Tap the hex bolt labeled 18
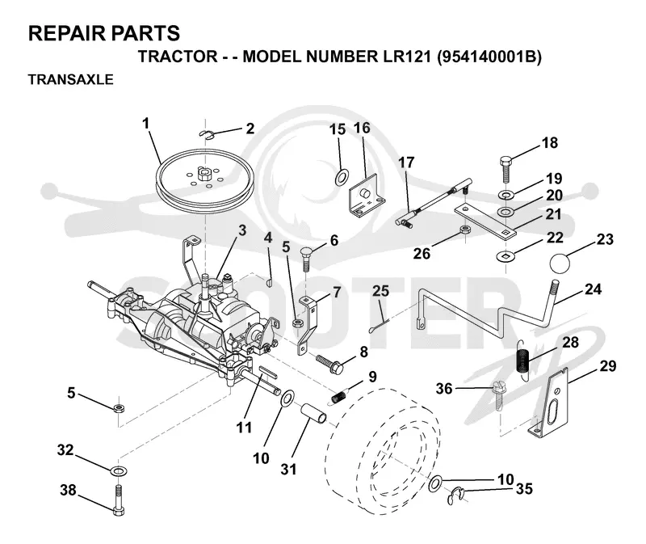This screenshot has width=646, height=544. pyautogui.click(x=506, y=169)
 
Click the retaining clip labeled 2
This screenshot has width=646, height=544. pyautogui.click(x=207, y=134)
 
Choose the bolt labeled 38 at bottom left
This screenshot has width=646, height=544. pyautogui.click(x=118, y=500)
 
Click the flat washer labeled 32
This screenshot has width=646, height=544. pyautogui.click(x=119, y=470)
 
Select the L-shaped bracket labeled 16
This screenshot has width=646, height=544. pyautogui.click(x=366, y=195)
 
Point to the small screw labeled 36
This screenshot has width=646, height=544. pyautogui.click(x=498, y=395)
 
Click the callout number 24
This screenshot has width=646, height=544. pyautogui.click(x=593, y=289)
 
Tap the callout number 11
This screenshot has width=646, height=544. pyautogui.click(x=244, y=428)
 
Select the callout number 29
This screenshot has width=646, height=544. pyautogui.click(x=608, y=366)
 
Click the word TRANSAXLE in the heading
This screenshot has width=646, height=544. pyautogui.click(x=70, y=79)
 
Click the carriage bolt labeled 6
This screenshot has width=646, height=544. pyautogui.click(x=305, y=259)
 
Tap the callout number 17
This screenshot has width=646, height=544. pyautogui.click(x=406, y=163)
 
